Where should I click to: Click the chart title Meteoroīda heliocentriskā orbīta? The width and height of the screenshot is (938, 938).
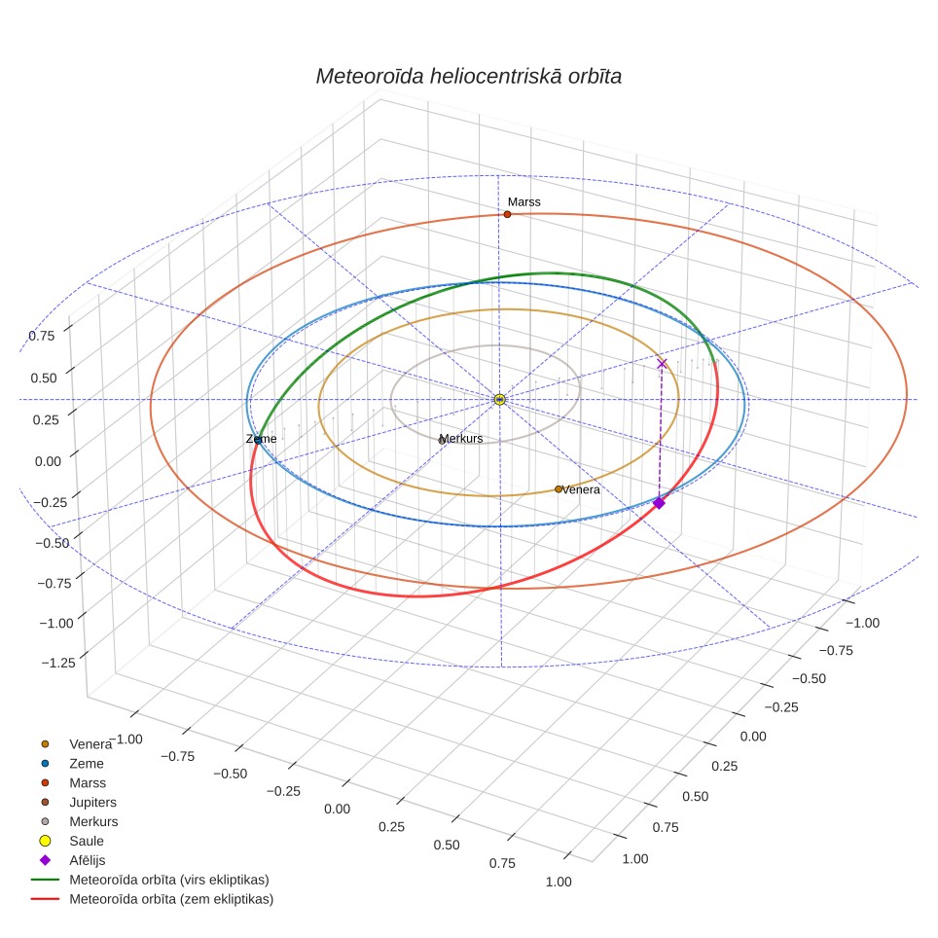[x=468, y=77]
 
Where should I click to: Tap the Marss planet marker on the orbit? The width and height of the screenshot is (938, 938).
[x=507, y=214]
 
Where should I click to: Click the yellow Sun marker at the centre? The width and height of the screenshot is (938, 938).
[x=500, y=400]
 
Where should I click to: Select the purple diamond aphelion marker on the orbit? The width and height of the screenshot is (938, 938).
[x=659, y=503]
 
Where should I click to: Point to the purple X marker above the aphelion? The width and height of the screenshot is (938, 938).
[x=662, y=364]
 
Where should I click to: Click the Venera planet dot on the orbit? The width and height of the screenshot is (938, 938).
[x=559, y=489]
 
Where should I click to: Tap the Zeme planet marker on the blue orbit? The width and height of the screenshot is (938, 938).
[x=258, y=440]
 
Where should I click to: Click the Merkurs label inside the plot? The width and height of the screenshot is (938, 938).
[x=460, y=439]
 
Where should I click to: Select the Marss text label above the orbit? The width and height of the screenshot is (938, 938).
[x=524, y=202]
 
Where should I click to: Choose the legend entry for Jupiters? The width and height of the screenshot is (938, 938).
[x=92, y=802]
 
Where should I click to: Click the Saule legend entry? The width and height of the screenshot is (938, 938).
[x=87, y=841]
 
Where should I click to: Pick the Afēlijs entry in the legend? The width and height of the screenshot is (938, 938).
[x=88, y=860]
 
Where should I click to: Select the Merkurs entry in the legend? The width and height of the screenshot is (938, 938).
[x=94, y=821]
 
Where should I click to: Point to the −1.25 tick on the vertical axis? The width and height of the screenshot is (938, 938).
[x=58, y=663]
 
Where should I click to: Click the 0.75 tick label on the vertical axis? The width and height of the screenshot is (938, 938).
[x=41, y=336]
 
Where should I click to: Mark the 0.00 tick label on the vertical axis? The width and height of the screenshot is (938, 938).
[x=48, y=461]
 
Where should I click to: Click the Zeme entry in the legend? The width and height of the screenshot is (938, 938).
[x=87, y=763]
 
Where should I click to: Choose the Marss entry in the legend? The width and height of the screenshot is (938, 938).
[x=88, y=782]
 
